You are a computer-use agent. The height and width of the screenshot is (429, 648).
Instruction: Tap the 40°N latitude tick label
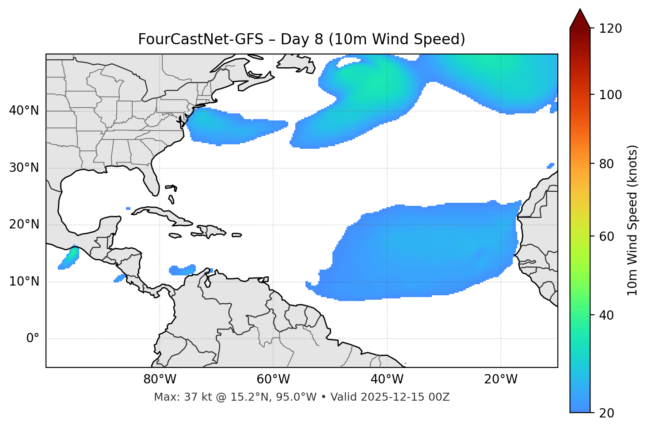coord(24,111)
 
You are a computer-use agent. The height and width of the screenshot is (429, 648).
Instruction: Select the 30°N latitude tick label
coord(24,168)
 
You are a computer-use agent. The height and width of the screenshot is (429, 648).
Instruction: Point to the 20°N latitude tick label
coord(24,224)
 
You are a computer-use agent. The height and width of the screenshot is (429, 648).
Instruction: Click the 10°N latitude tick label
coord(24,282)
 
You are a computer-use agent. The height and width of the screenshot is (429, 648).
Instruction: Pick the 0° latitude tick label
coord(33,339)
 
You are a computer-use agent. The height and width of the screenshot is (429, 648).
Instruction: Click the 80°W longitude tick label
coord(160,379)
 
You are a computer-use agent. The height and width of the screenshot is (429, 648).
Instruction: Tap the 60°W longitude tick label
coord(273,379)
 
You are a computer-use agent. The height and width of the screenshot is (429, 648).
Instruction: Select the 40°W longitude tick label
coord(387,379)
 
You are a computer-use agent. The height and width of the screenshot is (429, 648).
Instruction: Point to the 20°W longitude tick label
coord(500,379)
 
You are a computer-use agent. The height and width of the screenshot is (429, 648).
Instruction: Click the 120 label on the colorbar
coord(610,28)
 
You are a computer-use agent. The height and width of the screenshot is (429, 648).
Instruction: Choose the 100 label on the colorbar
coord(610,95)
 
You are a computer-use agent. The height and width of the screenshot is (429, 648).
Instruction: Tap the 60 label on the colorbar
coord(607,236)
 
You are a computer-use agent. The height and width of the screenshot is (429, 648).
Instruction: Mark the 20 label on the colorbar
coord(607,413)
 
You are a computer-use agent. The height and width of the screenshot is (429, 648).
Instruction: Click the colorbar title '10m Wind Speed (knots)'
coord(633,220)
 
